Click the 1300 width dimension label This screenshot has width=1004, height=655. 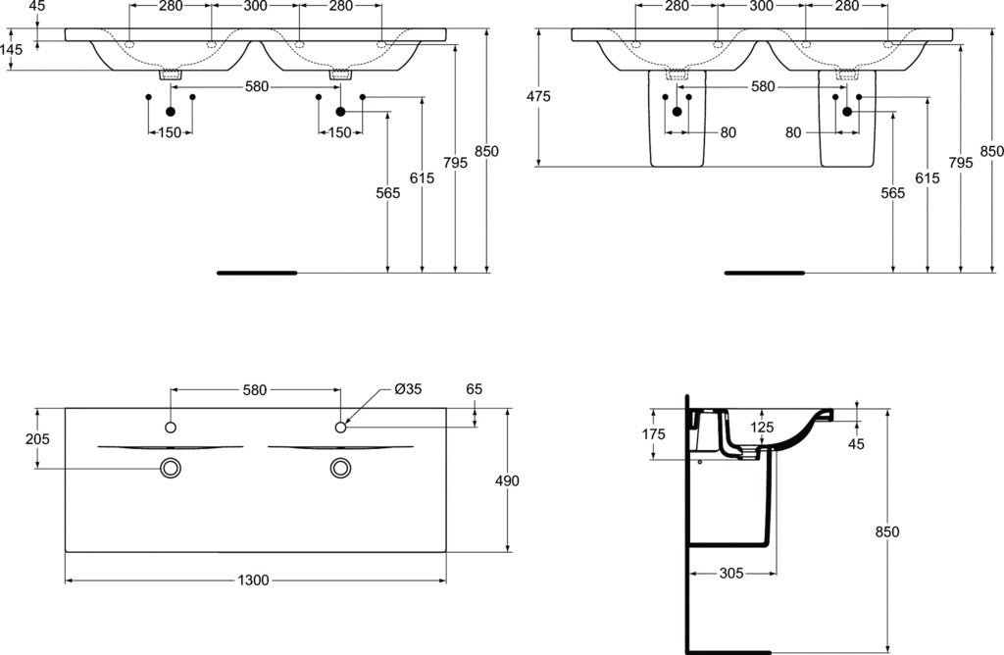(x=253, y=580)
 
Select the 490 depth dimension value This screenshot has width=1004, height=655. (x=507, y=480)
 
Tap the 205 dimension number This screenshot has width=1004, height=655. (x=37, y=439)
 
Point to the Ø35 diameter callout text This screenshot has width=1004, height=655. (x=408, y=389)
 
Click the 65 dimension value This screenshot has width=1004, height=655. (x=474, y=389)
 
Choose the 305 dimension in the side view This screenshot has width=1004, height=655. (x=731, y=574)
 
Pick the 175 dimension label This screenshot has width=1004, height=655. (x=653, y=434)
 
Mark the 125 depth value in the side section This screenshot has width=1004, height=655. (x=762, y=428)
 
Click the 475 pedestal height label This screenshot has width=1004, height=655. (x=538, y=97)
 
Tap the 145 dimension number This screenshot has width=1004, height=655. (x=12, y=49)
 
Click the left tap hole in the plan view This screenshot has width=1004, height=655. (x=171, y=428)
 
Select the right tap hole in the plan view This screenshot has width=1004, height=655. (x=340, y=428)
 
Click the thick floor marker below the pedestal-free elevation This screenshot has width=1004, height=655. (x=257, y=273)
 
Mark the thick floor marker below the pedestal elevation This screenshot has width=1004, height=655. (x=765, y=273)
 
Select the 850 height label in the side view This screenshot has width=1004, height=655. (x=886, y=532)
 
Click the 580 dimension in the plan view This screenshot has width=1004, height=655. (x=254, y=390)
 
